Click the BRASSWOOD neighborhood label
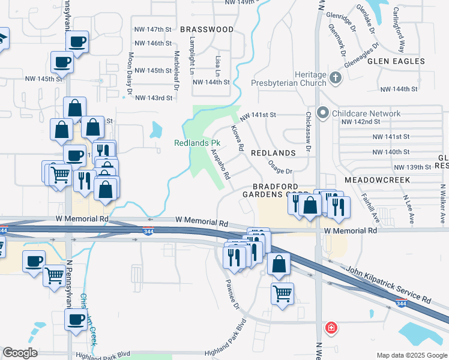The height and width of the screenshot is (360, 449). point(206,29)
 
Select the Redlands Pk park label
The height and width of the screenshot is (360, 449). point(199,143)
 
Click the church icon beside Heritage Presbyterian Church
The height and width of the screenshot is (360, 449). point(335,77)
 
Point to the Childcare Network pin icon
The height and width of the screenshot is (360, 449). point(323,113)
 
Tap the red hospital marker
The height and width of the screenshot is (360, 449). point(330,328)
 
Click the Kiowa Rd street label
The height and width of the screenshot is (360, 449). point(237,139)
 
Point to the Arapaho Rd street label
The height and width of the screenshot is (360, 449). point(220,164)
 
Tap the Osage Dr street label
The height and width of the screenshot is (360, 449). point(280,167)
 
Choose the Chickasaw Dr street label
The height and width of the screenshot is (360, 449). point(309,131)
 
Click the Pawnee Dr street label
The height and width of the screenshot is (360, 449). point(232,295)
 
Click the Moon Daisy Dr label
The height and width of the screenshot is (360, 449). point(130,74)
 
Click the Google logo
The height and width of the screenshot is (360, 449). point(20,353)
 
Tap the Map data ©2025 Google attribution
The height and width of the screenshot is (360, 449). point(411,355)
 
